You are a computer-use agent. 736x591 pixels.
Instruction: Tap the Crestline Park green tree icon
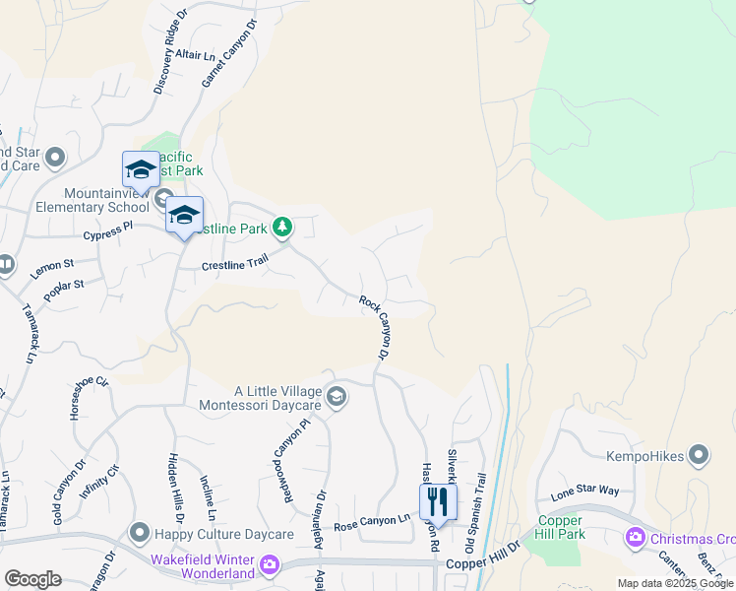[x=282, y=229]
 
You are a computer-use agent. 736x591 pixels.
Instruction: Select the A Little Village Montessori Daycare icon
[x=336, y=396]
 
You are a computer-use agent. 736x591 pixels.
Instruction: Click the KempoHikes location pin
[x=699, y=455]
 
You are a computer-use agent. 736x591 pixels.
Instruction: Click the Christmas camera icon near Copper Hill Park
[x=635, y=538]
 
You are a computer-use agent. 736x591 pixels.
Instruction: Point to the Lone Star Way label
[x=584, y=491]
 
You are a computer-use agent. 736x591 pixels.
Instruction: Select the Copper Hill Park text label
[x=561, y=527]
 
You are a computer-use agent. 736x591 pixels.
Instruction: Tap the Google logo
[x=32, y=579]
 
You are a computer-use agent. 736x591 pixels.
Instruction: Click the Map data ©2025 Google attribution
[x=674, y=583]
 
